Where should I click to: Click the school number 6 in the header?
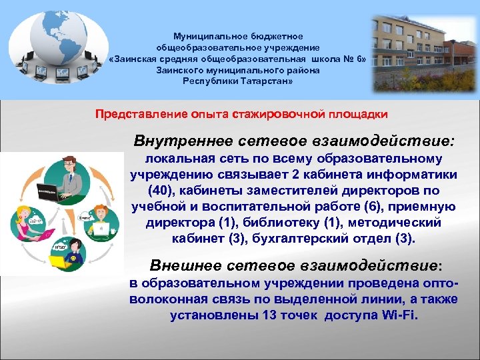361,59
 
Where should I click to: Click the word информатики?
413,175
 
